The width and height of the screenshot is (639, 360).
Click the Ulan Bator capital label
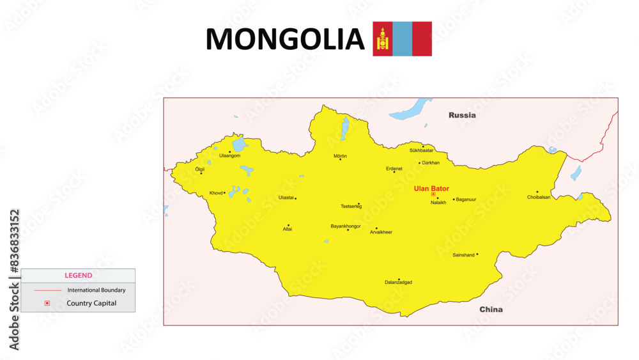pyautogui.click(x=431, y=189)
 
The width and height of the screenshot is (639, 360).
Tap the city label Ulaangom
pyautogui.click(x=229, y=156)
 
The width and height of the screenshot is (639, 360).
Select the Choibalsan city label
pyautogui.click(x=539, y=197)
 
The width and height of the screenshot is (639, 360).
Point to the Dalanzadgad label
pyautogui.click(x=398, y=282)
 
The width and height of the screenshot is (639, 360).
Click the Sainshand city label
pyautogui.click(x=463, y=255)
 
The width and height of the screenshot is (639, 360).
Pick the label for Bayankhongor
pyautogui.click(x=346, y=226)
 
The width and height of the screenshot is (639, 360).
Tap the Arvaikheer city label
pyautogui.click(x=381, y=232)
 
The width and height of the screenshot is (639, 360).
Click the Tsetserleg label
pyautogui.click(x=351, y=207)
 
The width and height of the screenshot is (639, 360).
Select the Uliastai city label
pyautogui.click(x=286, y=198)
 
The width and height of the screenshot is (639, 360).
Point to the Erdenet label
pyautogui.click(x=394, y=169)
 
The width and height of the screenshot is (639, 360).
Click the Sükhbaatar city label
pyautogui.click(x=421, y=150)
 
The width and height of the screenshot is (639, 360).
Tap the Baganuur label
pyautogui.click(x=466, y=200)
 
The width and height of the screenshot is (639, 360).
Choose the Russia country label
pyautogui.click(x=462, y=116)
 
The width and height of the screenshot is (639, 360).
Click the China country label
pyautogui.click(x=491, y=309)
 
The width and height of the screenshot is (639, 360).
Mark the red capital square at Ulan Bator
pyautogui.click(x=433, y=194)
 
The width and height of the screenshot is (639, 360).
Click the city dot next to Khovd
pyautogui.click(x=224, y=192)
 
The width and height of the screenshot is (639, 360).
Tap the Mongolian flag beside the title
pyautogui.click(x=402, y=39)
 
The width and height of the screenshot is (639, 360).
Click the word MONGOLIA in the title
pyautogui.click(x=284, y=40)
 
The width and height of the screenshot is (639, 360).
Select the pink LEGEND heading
pyautogui.click(x=78, y=276)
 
